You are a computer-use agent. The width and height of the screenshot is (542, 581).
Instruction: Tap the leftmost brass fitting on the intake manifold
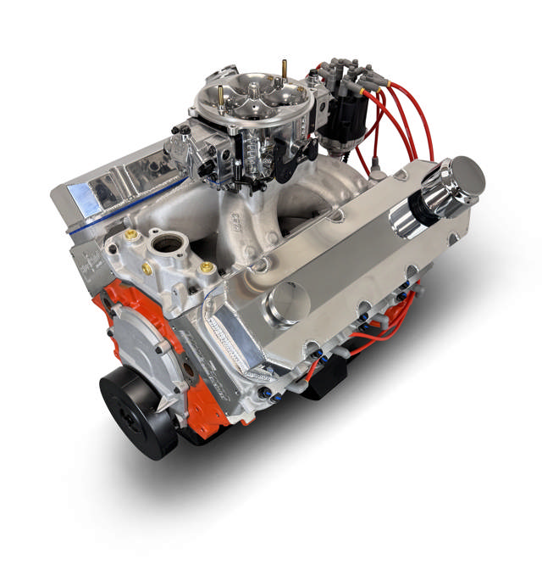(131, 236)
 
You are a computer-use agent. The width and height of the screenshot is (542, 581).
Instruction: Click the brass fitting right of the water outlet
(205, 268)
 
